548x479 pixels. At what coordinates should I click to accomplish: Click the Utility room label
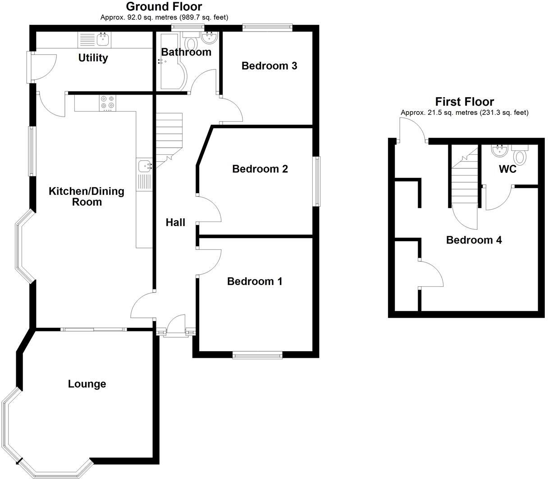93,58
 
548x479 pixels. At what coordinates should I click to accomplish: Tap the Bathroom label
186,52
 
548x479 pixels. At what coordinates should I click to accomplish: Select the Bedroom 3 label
269,66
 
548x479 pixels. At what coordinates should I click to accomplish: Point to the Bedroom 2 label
260,169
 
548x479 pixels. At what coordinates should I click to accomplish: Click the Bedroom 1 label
255,281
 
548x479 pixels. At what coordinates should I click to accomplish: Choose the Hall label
175,222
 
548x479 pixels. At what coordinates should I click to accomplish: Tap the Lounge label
87,384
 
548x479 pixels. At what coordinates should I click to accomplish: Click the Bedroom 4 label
474,240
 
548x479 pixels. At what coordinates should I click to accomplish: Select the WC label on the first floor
507,170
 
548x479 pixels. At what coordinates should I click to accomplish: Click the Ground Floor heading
164,6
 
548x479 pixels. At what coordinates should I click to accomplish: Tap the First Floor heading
464,102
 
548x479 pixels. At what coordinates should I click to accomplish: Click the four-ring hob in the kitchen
108,104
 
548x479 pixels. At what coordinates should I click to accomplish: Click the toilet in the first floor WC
520,156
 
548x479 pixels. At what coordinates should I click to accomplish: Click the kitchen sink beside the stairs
145,166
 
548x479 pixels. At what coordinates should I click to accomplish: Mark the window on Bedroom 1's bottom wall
257,356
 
